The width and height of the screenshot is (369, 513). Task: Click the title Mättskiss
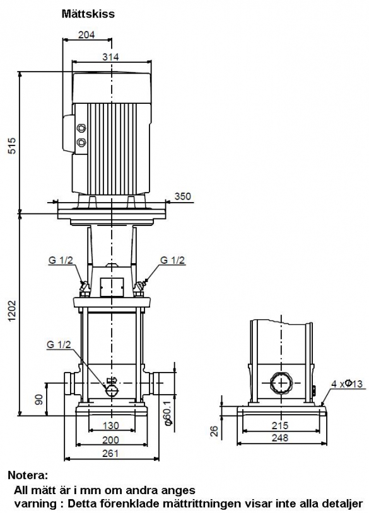click(x=88, y=14)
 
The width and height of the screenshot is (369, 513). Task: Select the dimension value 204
click(x=86, y=35)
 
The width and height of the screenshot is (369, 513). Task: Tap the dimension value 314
click(x=110, y=57)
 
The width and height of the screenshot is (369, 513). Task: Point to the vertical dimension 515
click(x=11, y=146)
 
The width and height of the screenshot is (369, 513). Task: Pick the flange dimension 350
click(x=182, y=196)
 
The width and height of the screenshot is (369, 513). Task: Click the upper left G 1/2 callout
click(x=61, y=260)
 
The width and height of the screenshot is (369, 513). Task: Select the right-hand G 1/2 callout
click(x=173, y=260)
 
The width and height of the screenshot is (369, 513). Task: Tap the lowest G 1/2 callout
click(x=59, y=344)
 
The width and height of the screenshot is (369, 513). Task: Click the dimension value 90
click(x=39, y=400)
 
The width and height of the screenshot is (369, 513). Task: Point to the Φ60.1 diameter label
click(x=168, y=413)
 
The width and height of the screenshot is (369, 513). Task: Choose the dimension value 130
click(x=111, y=426)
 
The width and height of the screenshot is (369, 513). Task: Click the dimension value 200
click(x=110, y=440)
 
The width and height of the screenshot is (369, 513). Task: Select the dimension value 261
click(x=110, y=453)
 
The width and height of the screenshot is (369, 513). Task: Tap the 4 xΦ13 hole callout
click(x=347, y=383)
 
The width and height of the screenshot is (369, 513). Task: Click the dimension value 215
click(x=280, y=426)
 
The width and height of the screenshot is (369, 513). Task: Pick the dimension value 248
click(x=280, y=437)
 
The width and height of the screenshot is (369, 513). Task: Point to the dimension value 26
click(x=214, y=431)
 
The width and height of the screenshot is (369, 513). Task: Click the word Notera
click(x=28, y=475)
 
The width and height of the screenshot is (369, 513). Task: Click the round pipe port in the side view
click(x=281, y=383)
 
